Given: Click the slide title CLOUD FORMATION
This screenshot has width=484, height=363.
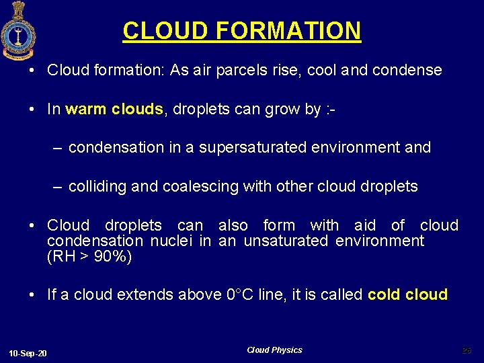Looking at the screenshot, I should pos(242,30).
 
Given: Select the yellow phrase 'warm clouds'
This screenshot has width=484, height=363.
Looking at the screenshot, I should pos(114,110).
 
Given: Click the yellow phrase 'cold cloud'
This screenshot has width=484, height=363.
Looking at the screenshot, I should pos(407,294).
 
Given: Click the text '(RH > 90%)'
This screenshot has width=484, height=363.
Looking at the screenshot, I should pos(89,257).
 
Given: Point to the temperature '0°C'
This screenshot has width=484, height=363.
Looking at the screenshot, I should pos(241,294).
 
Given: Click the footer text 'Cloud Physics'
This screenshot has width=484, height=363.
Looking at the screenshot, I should pos(274,350).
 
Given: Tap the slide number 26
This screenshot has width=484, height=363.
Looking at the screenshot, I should pos(467,350).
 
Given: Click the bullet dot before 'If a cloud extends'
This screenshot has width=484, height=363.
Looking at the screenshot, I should pos(34,294).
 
